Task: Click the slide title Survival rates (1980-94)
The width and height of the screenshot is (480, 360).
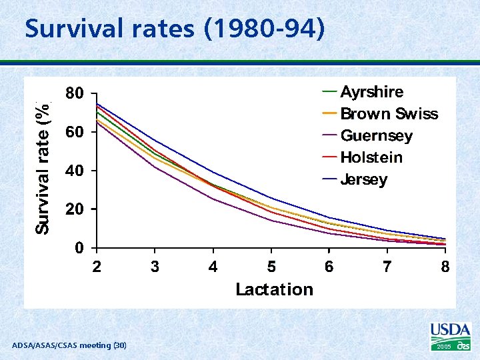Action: [175, 29]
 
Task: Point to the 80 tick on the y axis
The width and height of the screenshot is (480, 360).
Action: [74, 94]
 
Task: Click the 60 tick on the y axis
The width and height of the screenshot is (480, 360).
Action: [74, 133]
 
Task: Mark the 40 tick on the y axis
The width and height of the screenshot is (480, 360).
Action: [74, 171]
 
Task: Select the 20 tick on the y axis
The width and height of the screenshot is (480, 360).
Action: [74, 209]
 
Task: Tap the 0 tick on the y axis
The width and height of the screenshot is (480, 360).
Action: [79, 248]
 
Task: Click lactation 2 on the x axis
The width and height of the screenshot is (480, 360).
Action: [97, 267]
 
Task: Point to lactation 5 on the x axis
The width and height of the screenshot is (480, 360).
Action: [271, 267]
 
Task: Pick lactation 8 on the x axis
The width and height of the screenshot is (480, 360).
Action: [445, 267]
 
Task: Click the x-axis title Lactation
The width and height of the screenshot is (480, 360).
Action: [274, 289]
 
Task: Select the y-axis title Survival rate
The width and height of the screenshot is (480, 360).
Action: [43, 167]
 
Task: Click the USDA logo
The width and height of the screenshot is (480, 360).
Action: [450, 331]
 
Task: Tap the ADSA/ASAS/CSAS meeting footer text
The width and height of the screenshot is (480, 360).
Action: [69, 345]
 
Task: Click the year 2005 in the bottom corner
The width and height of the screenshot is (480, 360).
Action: [443, 347]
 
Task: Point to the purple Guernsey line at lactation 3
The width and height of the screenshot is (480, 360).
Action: [155, 167]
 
